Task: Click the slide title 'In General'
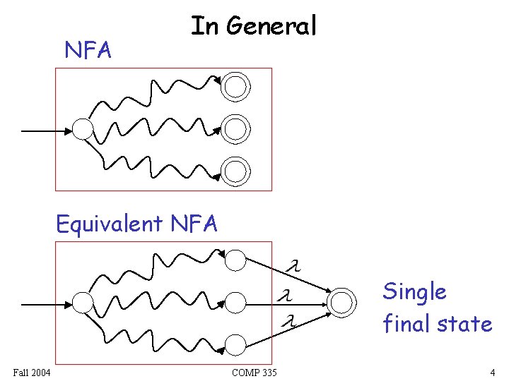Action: tap(254, 26)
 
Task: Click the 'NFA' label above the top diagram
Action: tap(88, 50)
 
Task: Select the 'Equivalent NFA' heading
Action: tap(137, 224)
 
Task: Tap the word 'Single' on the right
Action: tap(414, 291)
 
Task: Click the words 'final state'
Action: tap(437, 324)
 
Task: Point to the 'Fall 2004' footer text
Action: tap(31, 372)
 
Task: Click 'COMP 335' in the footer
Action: tap(254, 372)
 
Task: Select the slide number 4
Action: tap(492, 372)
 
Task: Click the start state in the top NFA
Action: tap(83, 129)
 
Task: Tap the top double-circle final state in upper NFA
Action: tap(235, 87)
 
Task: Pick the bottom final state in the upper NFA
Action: tap(235, 170)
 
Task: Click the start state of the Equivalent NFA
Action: tap(83, 303)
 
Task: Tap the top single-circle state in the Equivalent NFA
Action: tap(236, 260)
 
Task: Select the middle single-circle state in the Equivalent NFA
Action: tap(236, 303)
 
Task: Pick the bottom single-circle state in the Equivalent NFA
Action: tap(236, 344)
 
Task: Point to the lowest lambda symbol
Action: tap(287, 322)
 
